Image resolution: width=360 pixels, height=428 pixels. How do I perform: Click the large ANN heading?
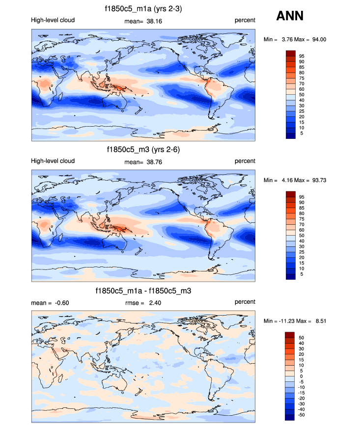pyautogui.click(x=290, y=16)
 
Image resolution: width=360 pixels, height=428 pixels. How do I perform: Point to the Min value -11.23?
pyautogui.click(x=287, y=321)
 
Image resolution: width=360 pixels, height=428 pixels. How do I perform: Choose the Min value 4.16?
pyautogui.click(x=288, y=180)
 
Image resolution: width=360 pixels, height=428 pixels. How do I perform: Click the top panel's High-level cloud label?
pyautogui.click(x=53, y=20)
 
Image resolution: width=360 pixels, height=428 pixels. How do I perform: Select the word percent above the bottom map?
pyautogui.click(x=245, y=302)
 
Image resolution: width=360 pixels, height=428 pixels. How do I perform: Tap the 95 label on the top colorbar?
pyautogui.click(x=302, y=56)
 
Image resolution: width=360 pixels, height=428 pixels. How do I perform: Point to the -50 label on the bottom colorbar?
pyautogui.click(x=301, y=415)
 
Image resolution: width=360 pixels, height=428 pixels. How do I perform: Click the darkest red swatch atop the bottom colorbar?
pyautogui.click(x=290, y=335)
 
